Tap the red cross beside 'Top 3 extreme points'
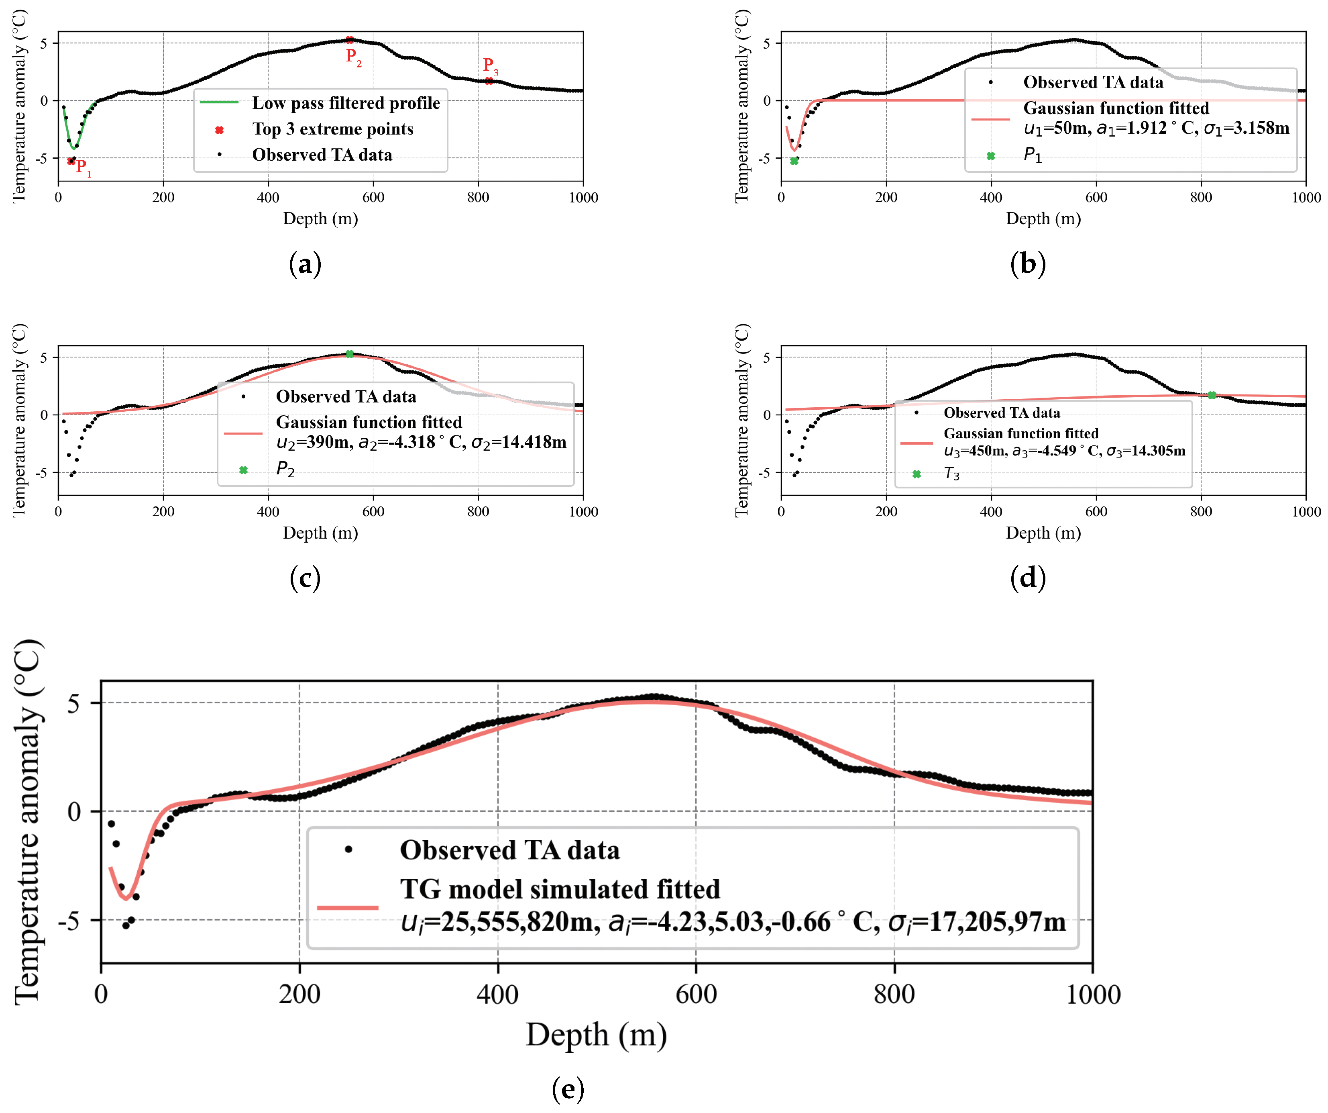219,130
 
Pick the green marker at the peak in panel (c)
350,354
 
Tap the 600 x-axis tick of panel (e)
696,994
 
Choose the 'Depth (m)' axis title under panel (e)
596,1035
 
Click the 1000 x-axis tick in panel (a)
583,198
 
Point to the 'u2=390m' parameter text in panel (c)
313,442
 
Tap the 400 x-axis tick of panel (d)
990,511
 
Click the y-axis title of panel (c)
19,420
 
